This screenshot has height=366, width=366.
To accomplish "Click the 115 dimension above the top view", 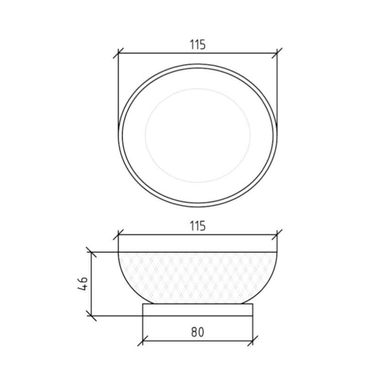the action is click(x=198, y=44).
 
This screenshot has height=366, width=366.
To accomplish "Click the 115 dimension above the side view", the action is click(x=198, y=226).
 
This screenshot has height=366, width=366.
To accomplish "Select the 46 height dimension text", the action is click(x=83, y=284).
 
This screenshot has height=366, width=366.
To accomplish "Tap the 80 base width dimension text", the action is click(x=198, y=332).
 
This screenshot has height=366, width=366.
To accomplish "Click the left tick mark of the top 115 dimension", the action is click(x=118, y=53).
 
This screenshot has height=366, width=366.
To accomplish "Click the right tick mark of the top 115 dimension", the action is click(x=277, y=53).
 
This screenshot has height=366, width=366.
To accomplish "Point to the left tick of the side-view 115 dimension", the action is click(x=118, y=235).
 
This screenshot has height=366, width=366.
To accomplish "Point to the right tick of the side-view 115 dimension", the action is click(x=277, y=235).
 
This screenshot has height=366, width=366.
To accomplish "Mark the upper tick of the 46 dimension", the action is click(x=91, y=252).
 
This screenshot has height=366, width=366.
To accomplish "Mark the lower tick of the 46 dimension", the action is click(x=91, y=316).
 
